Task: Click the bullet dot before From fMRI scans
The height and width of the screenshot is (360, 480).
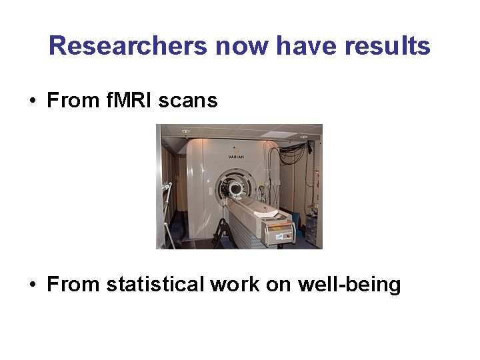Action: coord(32,101)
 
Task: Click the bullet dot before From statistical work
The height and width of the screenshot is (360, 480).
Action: coord(32,285)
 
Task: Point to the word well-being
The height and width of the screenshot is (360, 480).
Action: coord(349,285)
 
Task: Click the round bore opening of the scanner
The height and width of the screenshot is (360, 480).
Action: coord(235,189)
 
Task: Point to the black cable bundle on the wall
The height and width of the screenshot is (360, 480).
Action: coord(293,153)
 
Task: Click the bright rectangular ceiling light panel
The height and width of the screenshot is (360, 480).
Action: coord(279,135)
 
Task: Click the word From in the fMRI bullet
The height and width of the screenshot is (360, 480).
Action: coord(71,101)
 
